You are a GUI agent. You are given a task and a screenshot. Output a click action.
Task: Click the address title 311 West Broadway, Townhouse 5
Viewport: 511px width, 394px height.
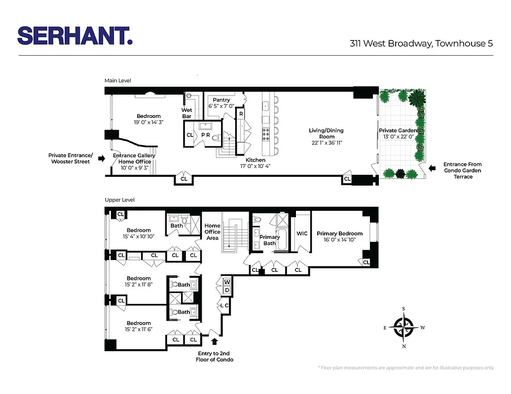click(421, 43)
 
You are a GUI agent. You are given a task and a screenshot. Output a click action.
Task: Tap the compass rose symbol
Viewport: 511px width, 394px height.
click(404, 326)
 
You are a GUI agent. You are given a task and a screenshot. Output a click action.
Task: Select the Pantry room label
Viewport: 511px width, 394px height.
click(221, 100)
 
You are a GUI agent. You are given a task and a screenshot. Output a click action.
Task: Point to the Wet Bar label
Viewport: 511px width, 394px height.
click(187, 113)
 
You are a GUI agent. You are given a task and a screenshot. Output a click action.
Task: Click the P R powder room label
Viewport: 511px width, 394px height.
click(206, 134)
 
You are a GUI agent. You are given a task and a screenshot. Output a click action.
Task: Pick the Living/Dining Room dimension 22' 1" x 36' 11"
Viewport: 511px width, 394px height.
click(326, 143)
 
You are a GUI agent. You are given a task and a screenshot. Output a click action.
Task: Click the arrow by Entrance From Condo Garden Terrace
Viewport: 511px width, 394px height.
click(433, 168)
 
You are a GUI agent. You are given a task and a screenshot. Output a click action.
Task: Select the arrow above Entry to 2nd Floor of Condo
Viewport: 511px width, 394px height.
click(215, 340)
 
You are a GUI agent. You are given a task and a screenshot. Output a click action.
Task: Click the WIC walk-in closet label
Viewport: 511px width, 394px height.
click(302, 233)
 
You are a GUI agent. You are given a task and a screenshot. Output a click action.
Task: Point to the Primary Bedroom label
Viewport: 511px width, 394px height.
click(339, 233)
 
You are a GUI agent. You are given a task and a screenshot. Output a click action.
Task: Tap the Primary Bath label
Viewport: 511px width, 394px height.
click(269, 240)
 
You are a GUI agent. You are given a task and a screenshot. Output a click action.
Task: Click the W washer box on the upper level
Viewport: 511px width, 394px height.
click(227, 282)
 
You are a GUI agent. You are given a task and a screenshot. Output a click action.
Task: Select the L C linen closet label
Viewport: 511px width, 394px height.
click(224, 305)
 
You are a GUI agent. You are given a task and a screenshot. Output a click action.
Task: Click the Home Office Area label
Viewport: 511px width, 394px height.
click(213, 231)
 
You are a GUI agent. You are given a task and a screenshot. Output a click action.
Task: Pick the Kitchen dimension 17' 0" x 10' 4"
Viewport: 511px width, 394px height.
click(255, 166)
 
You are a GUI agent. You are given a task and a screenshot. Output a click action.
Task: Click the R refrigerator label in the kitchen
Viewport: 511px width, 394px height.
click(241, 114)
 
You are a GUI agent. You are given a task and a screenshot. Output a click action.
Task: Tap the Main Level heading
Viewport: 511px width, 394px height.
click(117, 80)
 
